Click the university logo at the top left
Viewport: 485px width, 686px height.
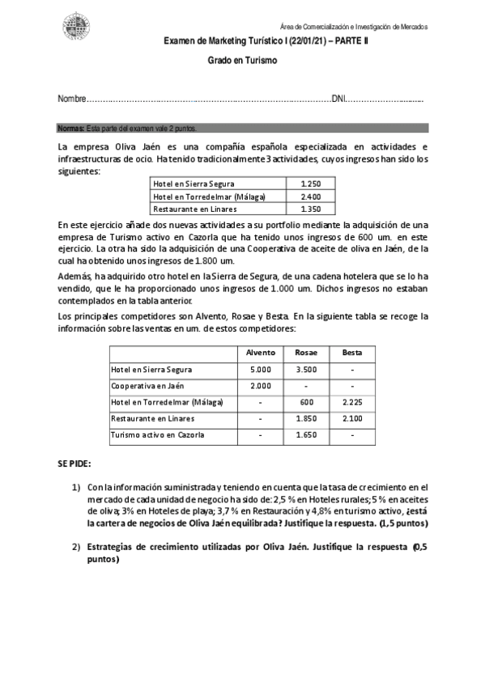click(x=76, y=25)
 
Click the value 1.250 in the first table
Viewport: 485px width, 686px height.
click(x=310, y=184)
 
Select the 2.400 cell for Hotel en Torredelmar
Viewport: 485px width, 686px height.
click(x=310, y=197)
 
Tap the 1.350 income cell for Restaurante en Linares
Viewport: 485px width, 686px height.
click(x=310, y=209)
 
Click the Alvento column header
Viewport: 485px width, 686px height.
click(x=261, y=353)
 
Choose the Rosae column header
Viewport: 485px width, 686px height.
click(x=306, y=353)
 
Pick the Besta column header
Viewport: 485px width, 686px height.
click(x=352, y=353)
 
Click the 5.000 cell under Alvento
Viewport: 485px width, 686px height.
click(x=261, y=370)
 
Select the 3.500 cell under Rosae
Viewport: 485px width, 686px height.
click(x=306, y=370)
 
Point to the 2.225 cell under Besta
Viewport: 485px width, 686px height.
click(x=352, y=402)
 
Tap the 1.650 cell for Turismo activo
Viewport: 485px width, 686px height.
click(x=306, y=435)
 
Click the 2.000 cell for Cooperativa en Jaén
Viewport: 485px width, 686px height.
click(x=261, y=386)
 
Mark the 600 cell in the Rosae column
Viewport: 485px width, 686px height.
click(x=306, y=402)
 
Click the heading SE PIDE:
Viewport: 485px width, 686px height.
click(x=74, y=464)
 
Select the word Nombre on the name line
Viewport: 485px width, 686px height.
click(x=71, y=99)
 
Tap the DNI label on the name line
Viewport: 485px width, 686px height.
click(x=339, y=99)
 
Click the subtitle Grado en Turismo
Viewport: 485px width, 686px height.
click(x=242, y=60)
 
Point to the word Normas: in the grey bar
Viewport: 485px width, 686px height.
click(x=71, y=128)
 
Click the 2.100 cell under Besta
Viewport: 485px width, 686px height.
click(x=352, y=419)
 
